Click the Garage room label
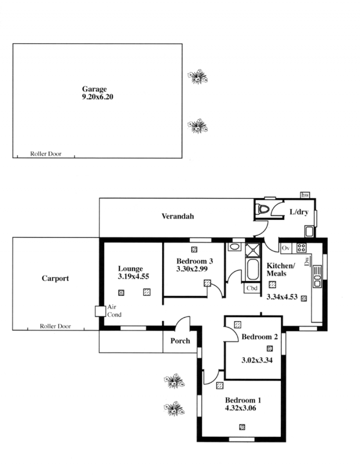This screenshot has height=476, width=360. click(x=94, y=89)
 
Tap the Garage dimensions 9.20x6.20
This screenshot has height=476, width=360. click(x=98, y=97)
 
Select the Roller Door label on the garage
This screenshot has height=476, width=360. click(x=46, y=154)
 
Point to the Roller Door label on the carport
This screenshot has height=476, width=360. click(x=55, y=326)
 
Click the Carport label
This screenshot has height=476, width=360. click(x=55, y=278)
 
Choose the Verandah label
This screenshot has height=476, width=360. click(x=178, y=216)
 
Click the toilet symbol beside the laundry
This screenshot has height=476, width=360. click(x=262, y=209)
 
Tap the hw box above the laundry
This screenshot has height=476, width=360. click(x=305, y=195)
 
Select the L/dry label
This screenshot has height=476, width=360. click(x=299, y=212)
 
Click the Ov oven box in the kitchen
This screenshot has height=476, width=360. click(x=286, y=248)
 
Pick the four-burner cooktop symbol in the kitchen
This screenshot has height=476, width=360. click(x=301, y=248)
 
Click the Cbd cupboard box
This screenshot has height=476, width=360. click(x=252, y=288)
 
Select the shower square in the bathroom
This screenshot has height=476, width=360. click(x=253, y=250)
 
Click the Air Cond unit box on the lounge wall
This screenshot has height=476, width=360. click(x=100, y=311)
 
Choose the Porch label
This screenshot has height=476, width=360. click(x=180, y=341)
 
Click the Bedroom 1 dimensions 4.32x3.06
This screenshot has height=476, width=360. click(x=240, y=408)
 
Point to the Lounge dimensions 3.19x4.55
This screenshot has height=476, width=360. click(x=134, y=276)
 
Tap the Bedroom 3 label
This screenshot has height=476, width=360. click(x=194, y=261)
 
